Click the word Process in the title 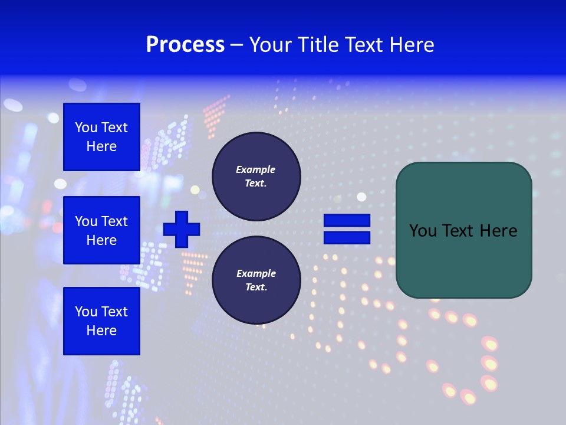[x=185, y=45]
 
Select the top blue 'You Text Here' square [x=101, y=137]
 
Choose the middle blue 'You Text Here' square [x=101, y=230]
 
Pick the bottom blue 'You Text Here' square [x=101, y=321]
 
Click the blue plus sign [x=182, y=229]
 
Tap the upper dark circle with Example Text [x=256, y=176]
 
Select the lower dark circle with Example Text [x=256, y=280]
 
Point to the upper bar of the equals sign [x=347, y=221]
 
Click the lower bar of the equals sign [x=347, y=238]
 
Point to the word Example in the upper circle [x=256, y=169]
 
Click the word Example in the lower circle [x=256, y=273]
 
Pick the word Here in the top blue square [x=101, y=146]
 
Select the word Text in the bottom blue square [x=114, y=312]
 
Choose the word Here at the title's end [x=413, y=45]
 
